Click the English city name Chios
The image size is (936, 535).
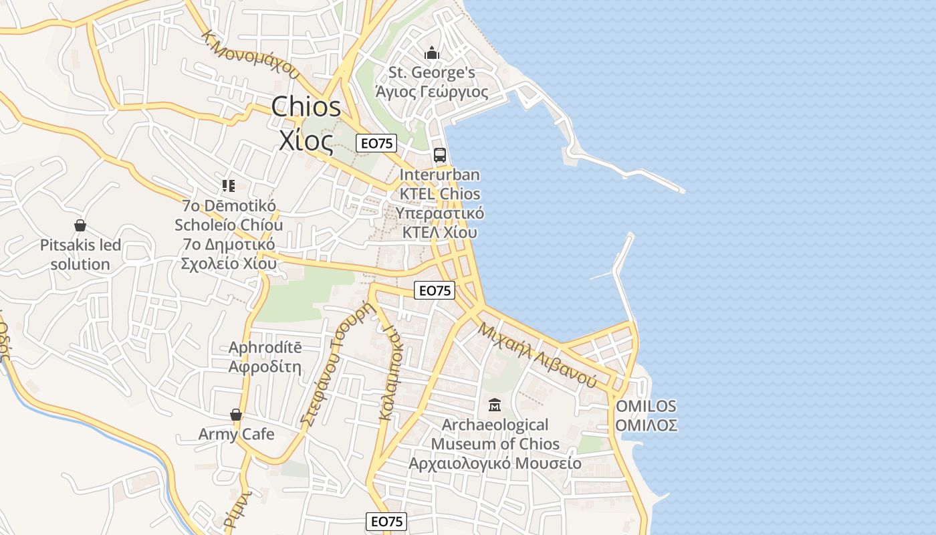tap(306, 108)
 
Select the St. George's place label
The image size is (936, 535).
tap(432, 72)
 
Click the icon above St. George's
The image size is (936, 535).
tap(432, 53)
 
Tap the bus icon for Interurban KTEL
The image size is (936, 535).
tap(439, 155)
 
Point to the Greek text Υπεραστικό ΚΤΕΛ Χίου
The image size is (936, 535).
tap(439, 223)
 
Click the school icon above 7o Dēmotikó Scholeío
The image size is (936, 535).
tap(229, 186)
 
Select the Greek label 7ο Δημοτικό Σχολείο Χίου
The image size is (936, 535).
tap(229, 254)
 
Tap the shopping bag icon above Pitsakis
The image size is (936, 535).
tap(80, 225)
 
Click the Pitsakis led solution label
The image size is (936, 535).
tap(80, 255)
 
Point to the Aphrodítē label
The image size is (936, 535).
tap(265, 348)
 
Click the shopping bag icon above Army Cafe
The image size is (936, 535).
tap(236, 415)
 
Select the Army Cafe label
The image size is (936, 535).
tap(236, 435)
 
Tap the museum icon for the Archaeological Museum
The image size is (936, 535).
tap(495, 405)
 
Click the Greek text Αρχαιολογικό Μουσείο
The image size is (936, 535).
tap(495, 463)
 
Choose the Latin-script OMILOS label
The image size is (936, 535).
tap(646, 406)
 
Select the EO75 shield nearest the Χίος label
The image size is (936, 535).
tap(376, 142)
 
